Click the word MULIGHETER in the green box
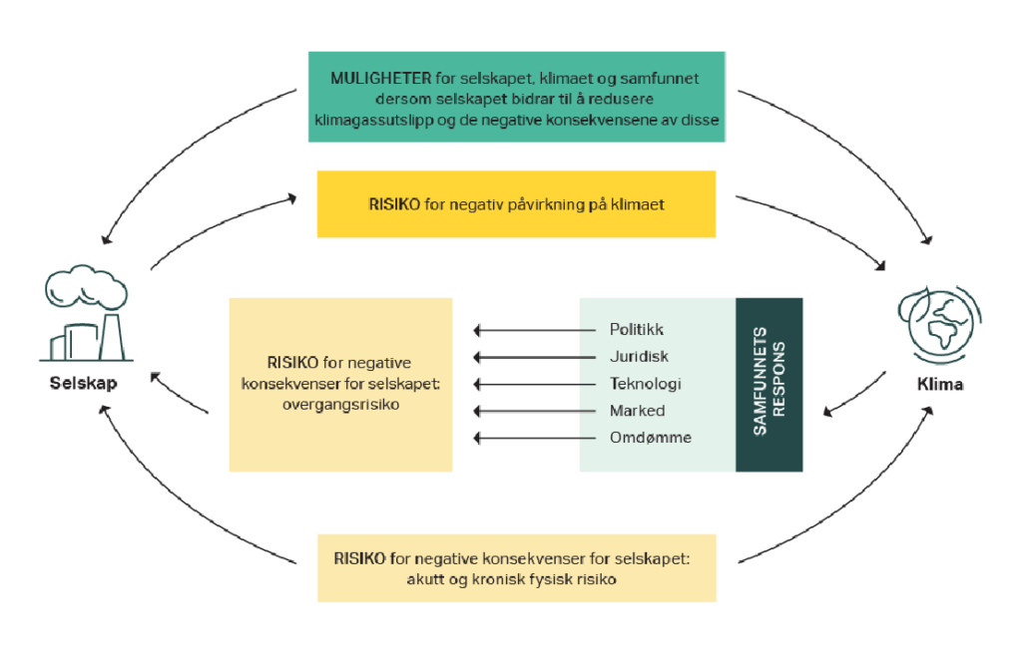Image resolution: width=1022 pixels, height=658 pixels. pos(380,79)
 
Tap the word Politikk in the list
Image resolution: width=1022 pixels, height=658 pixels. pos(636,330)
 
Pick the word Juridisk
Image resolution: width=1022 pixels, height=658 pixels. pos(639,357)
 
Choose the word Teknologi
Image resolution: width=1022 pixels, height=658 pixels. pos(645,384)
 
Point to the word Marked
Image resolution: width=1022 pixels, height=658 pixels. pos(637,411)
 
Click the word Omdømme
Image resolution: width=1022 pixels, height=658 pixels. pos(650,438)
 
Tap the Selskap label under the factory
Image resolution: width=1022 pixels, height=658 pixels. pos(84,384)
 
